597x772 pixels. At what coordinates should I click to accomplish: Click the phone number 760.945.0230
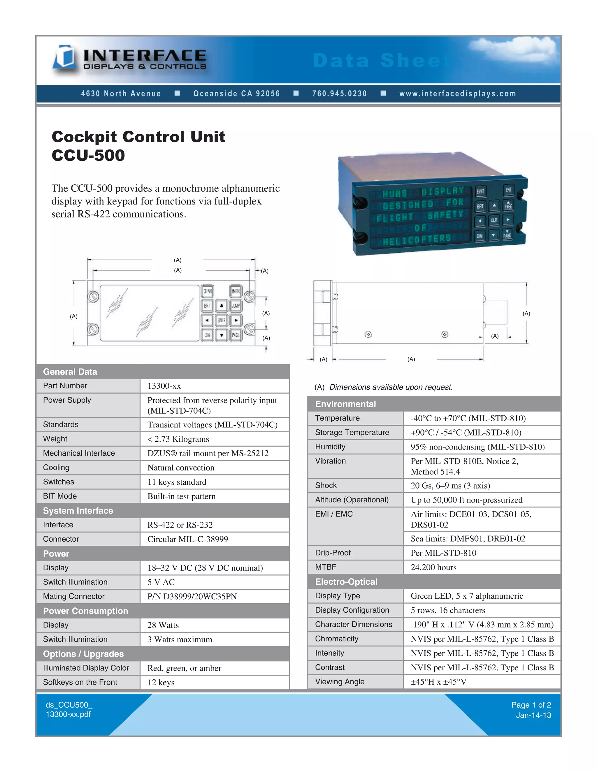340,94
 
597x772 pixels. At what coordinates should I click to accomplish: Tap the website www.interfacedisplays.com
458,94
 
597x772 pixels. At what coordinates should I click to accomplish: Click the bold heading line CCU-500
88,156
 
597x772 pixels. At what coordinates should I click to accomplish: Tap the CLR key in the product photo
494,220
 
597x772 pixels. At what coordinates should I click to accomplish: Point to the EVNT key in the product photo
480,192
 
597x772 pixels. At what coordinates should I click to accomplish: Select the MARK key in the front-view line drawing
236,291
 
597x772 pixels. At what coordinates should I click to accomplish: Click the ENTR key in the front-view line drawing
222,320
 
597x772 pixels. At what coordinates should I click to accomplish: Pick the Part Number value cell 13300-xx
164,386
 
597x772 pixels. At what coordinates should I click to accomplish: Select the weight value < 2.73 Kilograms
178,439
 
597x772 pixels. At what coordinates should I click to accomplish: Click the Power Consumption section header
86,611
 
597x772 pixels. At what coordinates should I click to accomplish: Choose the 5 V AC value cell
161,582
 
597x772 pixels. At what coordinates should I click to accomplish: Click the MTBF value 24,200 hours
433,567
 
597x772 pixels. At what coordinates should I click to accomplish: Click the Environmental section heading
345,404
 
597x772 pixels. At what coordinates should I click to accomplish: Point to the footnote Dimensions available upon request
391,387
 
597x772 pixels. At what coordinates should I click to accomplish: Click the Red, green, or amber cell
184,668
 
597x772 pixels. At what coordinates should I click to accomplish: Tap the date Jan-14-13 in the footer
533,715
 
